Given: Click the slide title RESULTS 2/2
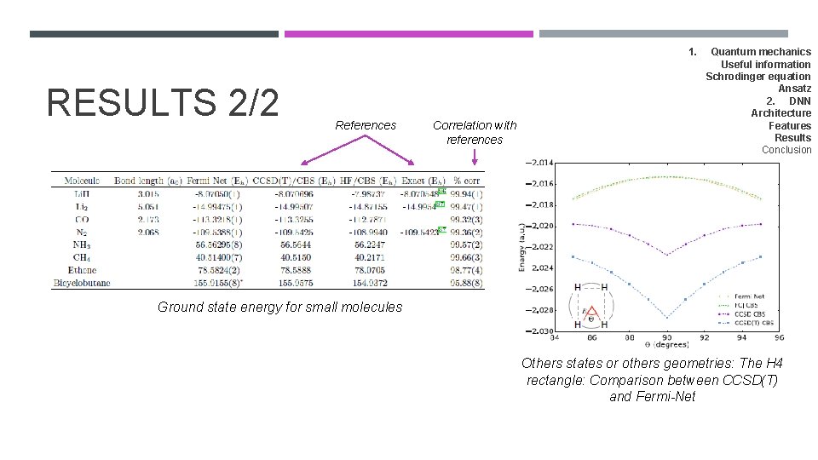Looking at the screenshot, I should coord(163,102).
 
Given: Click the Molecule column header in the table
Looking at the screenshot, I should coord(82,180).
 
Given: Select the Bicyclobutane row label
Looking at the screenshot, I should coord(82,282).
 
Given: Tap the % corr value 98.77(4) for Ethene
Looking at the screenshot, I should coord(468,269).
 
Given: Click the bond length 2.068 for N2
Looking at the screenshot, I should coord(147,231).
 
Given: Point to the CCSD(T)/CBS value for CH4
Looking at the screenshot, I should coord(293,256).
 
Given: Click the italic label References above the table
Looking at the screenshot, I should coord(366,125).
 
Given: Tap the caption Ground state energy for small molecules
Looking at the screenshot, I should coord(279,307).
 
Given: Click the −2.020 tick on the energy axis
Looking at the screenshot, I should coord(540,226).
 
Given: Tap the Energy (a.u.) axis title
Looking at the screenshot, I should coord(521,247).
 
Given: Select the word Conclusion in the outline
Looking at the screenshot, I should coord(786,150).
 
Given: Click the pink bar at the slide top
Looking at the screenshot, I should coord(408,34).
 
